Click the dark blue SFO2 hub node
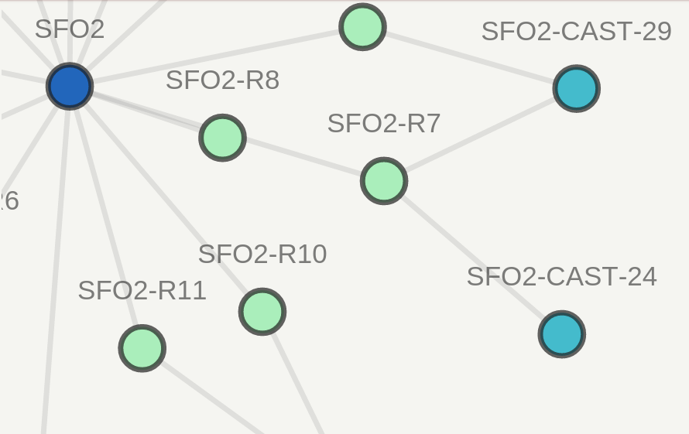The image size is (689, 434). [x=70, y=86]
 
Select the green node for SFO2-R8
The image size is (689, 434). [x=222, y=138]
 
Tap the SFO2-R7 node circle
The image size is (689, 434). [x=384, y=181]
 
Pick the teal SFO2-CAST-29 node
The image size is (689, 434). [x=577, y=89]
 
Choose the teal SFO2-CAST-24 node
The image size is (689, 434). [x=562, y=334]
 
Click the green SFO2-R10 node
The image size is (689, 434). [x=262, y=312]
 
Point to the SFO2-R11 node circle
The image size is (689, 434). [x=142, y=348]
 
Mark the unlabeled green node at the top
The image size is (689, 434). [x=362, y=27]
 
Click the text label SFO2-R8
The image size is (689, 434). [x=222, y=80]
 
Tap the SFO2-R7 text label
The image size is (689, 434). [x=384, y=124]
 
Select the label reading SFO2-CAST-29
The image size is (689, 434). [x=576, y=32]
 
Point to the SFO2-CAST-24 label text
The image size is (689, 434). [x=561, y=277]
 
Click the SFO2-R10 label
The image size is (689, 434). [x=262, y=255]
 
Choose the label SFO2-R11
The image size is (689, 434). [x=142, y=291]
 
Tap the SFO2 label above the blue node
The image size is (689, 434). [x=70, y=29]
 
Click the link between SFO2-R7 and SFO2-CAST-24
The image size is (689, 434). [x=473, y=258]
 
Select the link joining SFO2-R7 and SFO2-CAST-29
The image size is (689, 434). [x=480, y=135]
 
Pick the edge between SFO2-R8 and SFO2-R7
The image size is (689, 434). [x=303, y=159]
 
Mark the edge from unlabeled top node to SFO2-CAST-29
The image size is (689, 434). [x=469, y=58]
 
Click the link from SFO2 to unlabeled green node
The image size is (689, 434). [x=217, y=56]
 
